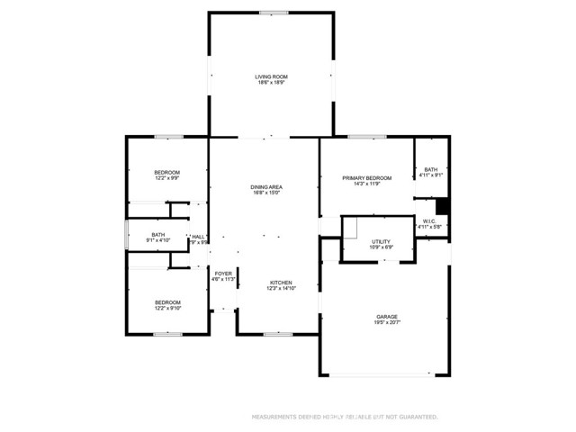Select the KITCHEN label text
pos(282,282)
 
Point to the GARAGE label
pos(387,316)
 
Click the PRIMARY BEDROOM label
pos(366,178)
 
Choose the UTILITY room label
pos(381,242)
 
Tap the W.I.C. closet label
pos(430,220)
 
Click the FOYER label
pos(223,273)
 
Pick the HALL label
pos(198,236)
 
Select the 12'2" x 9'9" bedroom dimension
pos(166,178)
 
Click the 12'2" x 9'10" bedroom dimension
pos(166,309)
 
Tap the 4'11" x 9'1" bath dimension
pos(431,175)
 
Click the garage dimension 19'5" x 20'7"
pos(387,322)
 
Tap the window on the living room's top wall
pos(274,13)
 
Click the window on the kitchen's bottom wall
pos(277,334)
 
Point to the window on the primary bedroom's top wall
pos(362,137)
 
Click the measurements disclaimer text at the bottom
pos(344,417)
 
